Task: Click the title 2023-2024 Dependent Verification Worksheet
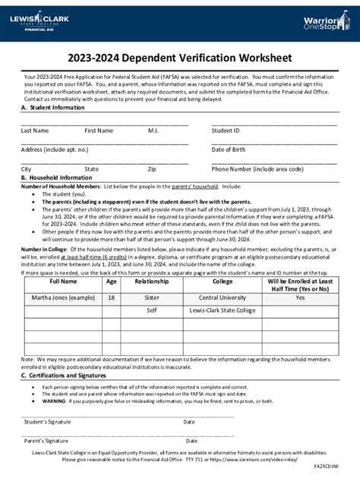point(179,57)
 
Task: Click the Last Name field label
point(35,131)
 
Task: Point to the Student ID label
point(226,131)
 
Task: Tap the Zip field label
point(152,168)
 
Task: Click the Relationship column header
point(152,281)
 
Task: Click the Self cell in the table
point(152,310)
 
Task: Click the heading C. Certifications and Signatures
point(63,376)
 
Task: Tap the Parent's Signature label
point(47,441)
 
